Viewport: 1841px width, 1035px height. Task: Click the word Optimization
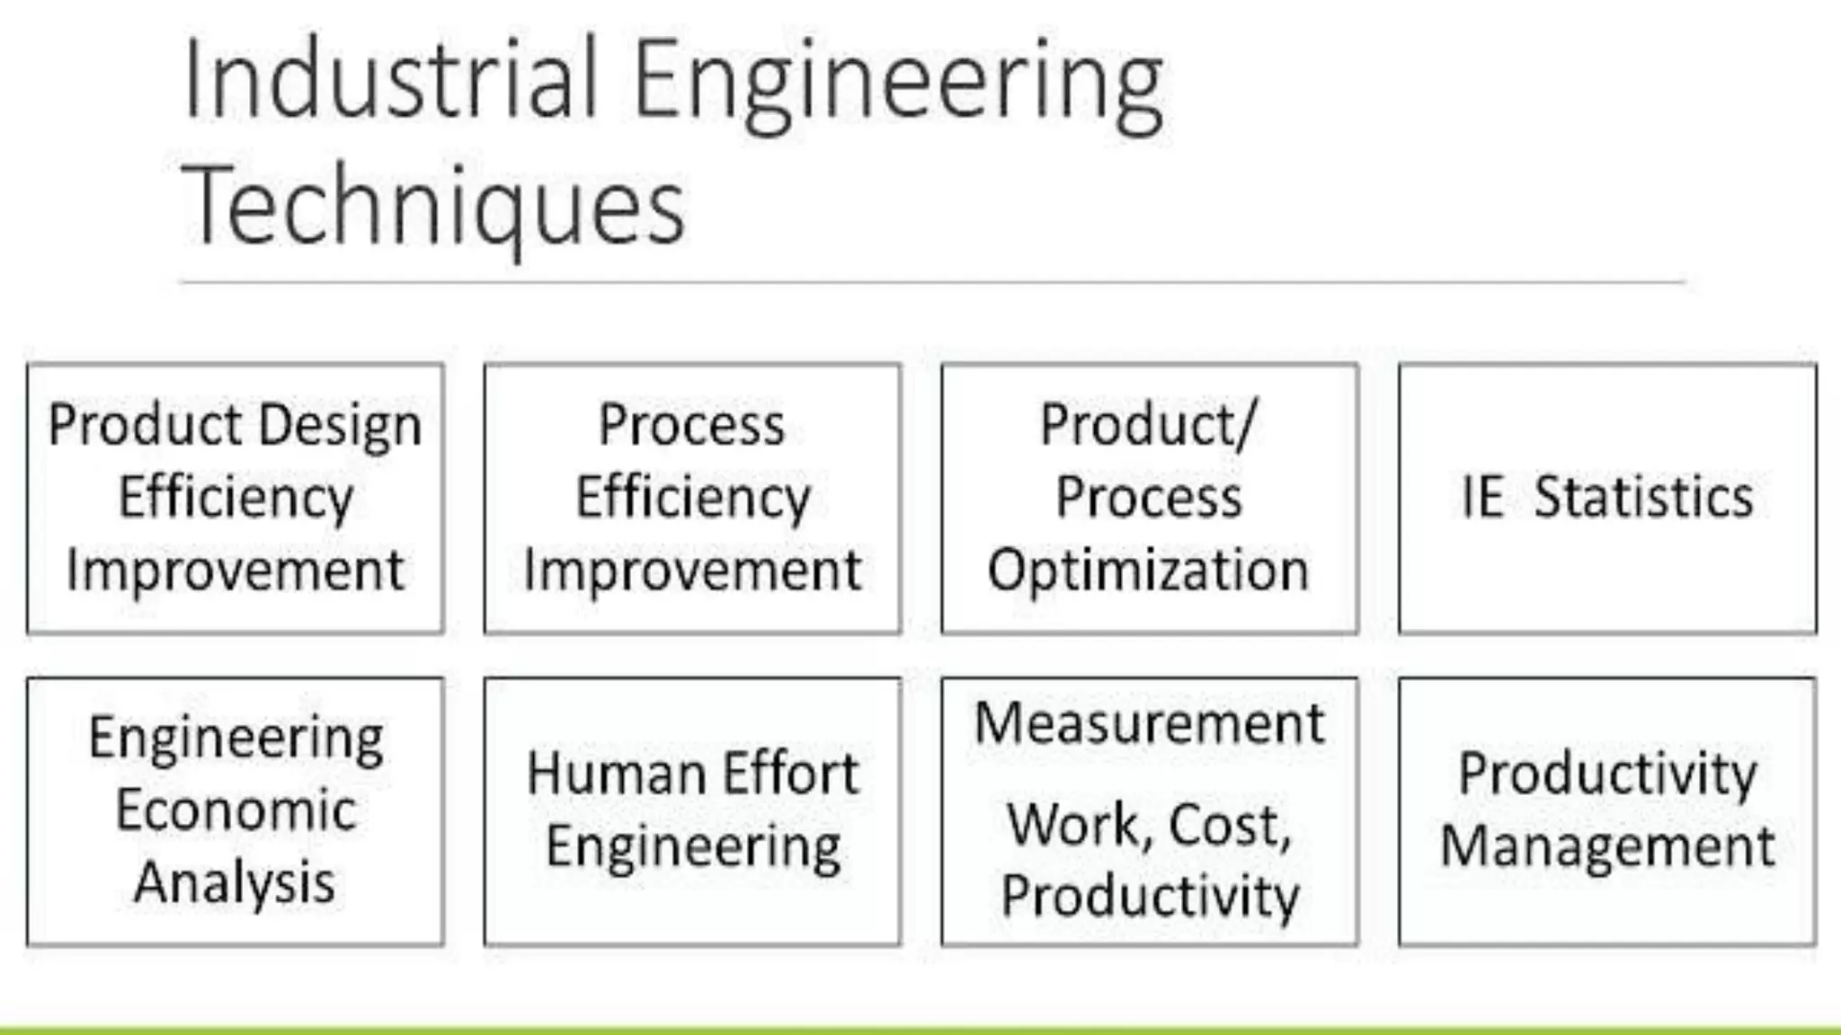point(1148,571)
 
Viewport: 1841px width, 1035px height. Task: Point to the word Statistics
point(1642,497)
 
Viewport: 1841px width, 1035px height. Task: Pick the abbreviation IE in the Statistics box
point(1481,497)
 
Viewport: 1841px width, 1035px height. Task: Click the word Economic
point(236,810)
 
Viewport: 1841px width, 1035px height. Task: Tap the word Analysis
point(235,882)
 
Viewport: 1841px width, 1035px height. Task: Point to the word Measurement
point(1149,723)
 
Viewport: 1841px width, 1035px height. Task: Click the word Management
point(1607,846)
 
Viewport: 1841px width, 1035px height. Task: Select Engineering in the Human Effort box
point(693,847)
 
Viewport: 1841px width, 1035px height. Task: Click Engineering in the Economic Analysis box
point(236,739)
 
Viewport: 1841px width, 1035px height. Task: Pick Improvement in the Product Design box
point(235,571)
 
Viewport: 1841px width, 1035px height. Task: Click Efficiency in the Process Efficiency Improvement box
point(692,498)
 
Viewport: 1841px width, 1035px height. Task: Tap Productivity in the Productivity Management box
point(1607,774)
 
